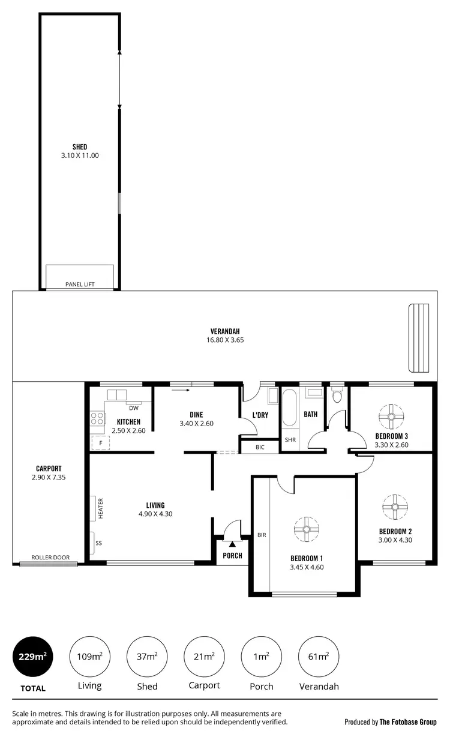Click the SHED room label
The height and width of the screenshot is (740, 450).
(x=80, y=147)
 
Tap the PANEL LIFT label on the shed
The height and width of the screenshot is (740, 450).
(x=80, y=284)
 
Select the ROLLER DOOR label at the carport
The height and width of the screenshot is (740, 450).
(x=50, y=558)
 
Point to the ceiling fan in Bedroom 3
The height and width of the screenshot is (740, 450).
(x=391, y=415)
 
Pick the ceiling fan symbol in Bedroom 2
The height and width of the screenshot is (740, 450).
(x=395, y=507)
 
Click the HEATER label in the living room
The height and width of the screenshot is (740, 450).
(x=101, y=508)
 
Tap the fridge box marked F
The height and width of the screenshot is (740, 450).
(x=97, y=444)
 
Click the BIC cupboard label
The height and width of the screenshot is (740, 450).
(x=260, y=447)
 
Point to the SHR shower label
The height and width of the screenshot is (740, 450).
(x=290, y=440)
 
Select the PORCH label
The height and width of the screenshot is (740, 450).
(x=232, y=556)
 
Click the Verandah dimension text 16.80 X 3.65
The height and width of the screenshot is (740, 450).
(x=225, y=340)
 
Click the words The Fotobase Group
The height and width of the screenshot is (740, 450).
(x=408, y=722)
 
